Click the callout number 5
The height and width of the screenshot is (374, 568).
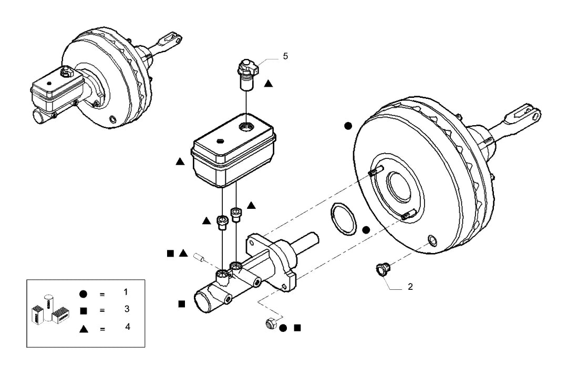coord(285,56)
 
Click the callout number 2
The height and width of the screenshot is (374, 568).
coord(410,287)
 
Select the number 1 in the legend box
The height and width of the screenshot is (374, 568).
coord(126,292)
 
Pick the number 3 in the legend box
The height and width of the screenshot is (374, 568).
coord(127,309)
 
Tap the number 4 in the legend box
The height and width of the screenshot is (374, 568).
coord(127,327)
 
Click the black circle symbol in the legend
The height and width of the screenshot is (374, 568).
coord(84,294)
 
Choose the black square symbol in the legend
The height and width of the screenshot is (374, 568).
coord(84,311)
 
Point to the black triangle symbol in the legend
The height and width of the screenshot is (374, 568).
coord(84,329)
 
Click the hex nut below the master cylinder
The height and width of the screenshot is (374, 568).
coord(270,323)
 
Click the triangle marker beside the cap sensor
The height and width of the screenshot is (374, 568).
coord(268,84)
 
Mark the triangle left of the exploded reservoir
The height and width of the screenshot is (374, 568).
coord(180,161)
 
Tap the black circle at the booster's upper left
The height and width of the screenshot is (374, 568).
coord(348,126)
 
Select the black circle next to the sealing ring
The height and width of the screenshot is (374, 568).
coord(366,230)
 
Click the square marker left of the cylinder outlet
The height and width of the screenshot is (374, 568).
coord(182,304)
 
